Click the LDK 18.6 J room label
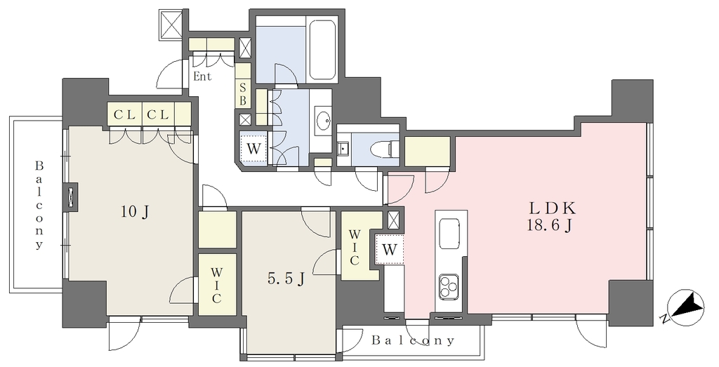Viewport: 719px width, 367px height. [552, 217]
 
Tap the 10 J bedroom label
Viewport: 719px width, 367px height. [135, 212]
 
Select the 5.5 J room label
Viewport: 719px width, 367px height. [286, 278]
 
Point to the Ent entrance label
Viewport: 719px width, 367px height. [202, 76]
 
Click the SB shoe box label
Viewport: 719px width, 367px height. [243, 93]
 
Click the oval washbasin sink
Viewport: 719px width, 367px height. [324, 121]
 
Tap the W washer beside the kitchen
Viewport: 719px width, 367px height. [389, 250]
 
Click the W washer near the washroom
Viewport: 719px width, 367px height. [253, 149]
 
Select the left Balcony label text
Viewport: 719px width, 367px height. [39, 205]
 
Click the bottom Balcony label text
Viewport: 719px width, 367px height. [413, 340]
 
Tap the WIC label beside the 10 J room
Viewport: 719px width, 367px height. [216, 285]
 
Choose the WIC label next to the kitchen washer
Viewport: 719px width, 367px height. [355, 248]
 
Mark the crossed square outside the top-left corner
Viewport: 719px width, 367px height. [171, 25]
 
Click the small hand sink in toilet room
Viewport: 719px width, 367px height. [343, 149]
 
